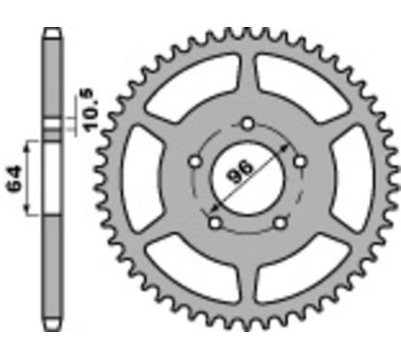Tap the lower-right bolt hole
click(x=281, y=223)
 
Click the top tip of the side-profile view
click(x=49, y=30)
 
